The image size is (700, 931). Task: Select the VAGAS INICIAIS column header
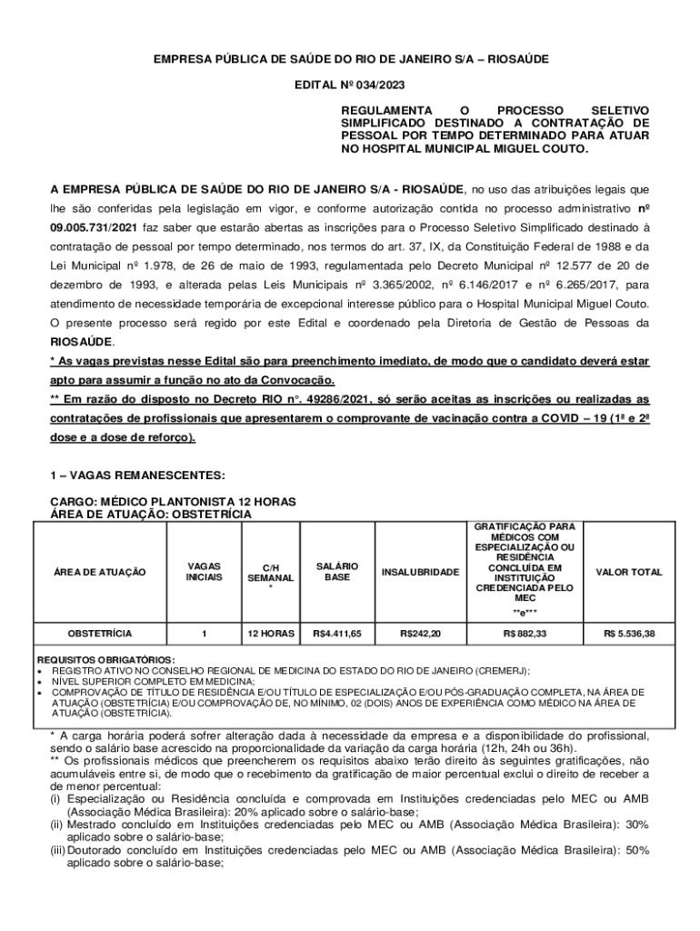pos(203,572)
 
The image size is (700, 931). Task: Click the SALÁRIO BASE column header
pos(337,572)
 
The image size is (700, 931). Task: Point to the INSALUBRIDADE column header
pos(420,572)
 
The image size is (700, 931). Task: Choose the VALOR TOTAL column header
pos(629,572)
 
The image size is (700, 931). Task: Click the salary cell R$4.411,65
pos(337,632)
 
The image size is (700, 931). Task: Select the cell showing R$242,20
pos(420,632)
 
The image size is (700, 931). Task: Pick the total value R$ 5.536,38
pos(629,632)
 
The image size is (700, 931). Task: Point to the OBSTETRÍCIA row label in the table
pos(100,632)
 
